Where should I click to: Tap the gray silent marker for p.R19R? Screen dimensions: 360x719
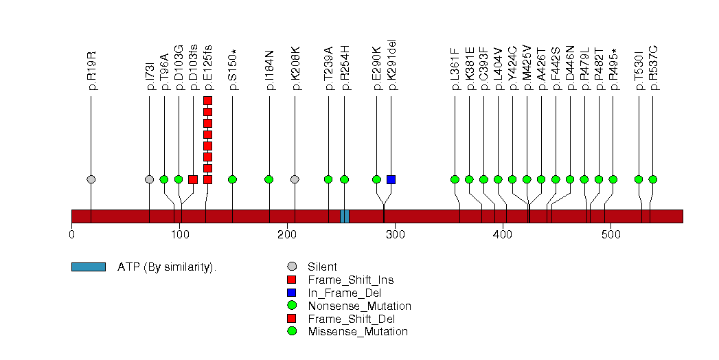[91, 179]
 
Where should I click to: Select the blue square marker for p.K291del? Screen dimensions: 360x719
[391, 179]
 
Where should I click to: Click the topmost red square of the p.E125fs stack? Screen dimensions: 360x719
[207, 101]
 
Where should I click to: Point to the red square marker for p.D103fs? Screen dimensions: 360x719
[193, 179]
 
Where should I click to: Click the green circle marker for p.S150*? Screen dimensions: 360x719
[232, 179]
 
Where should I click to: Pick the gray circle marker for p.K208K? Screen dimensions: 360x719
[295, 179]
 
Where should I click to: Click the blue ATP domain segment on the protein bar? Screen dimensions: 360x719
[345, 216]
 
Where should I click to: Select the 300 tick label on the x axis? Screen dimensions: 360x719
[396, 235]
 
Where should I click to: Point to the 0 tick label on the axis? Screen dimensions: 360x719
[72, 235]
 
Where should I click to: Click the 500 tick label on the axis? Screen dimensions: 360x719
[611, 235]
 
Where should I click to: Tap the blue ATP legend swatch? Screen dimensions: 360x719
[88, 267]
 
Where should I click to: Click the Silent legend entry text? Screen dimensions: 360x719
[322, 267]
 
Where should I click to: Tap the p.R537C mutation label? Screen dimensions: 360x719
[653, 68]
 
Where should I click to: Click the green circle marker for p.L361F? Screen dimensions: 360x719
[455, 179]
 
